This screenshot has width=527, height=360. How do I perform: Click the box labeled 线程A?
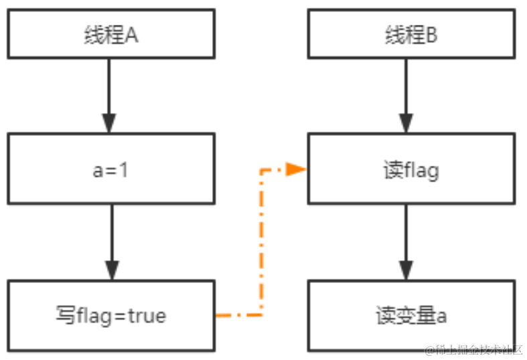point(111,33)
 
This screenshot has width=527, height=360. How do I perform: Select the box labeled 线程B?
point(411,33)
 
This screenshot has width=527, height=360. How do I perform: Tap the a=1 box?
point(111,169)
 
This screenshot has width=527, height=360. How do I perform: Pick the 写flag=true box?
point(111,315)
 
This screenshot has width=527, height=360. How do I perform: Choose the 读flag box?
point(411,169)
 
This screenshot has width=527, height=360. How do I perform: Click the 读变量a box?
point(411,315)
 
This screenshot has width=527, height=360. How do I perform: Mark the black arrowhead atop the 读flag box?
point(406,123)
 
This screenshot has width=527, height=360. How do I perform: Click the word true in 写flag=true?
point(147,315)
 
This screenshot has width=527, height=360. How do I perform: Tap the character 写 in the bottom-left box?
point(64,315)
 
